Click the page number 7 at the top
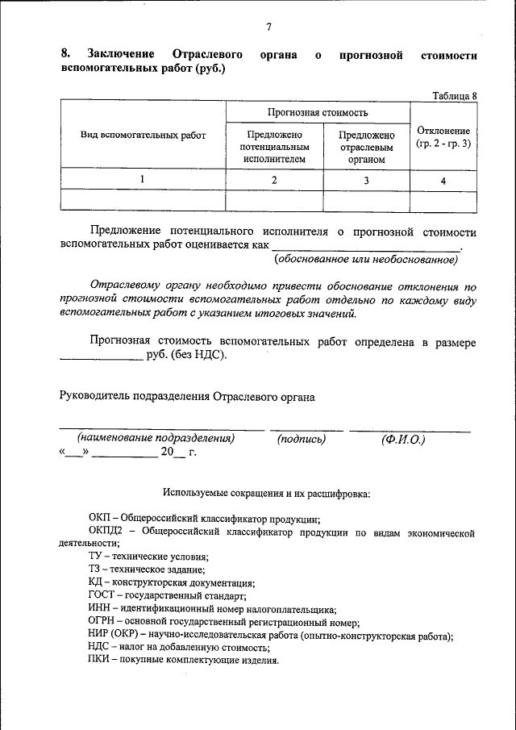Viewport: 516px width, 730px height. pos(268,27)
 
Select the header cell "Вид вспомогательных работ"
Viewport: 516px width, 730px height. pos(144,136)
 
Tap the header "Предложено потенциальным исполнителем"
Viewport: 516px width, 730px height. pos(274,147)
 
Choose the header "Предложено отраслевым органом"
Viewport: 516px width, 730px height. pos(366,147)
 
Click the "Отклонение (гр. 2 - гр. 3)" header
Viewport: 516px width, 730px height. pos(443,136)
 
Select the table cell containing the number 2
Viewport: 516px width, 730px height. pos(274,181)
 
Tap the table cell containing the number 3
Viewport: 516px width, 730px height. pos(366,181)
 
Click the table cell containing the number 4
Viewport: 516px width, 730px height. pos(443,181)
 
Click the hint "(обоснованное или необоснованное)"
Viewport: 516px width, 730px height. pos(366,260)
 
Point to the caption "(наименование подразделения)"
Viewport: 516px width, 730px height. pos(156,439)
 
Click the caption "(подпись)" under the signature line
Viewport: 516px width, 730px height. pos(301,439)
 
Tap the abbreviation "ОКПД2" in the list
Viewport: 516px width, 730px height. pos(105,532)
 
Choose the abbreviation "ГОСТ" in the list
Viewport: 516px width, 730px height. pos(102,596)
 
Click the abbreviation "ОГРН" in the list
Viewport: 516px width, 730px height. pos(103,622)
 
